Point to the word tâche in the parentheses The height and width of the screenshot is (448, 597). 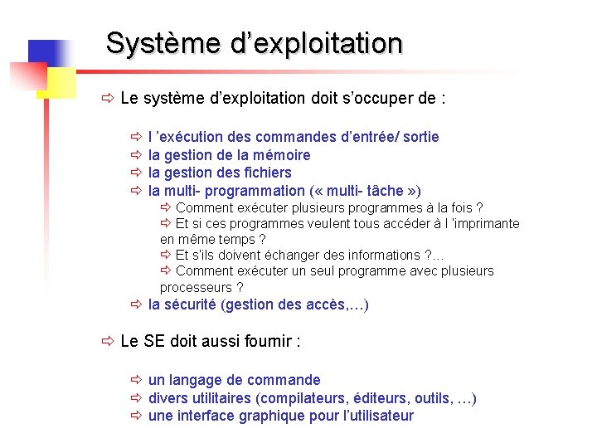380,191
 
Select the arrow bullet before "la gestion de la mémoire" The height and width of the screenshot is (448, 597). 137,155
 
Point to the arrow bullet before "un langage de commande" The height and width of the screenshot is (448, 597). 137,380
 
